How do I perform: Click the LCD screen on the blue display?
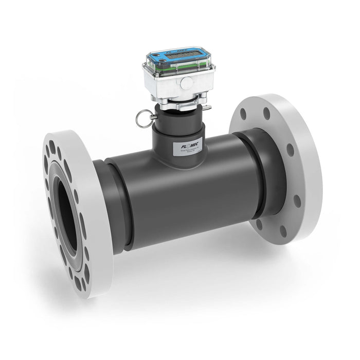click(x=181, y=53)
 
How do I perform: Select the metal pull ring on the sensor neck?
click(x=143, y=119)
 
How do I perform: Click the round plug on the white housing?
click(x=187, y=81)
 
